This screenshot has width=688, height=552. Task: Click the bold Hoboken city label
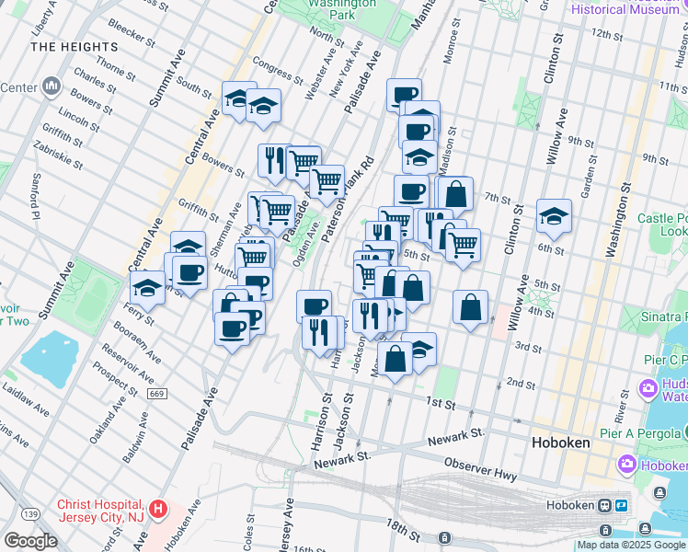click(x=561, y=442)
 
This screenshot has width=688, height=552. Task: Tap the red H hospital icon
click(x=158, y=508)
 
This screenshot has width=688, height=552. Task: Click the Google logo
click(x=30, y=540)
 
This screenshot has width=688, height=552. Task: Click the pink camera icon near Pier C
click(x=648, y=388)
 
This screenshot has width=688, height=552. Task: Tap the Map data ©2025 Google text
click(x=631, y=545)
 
